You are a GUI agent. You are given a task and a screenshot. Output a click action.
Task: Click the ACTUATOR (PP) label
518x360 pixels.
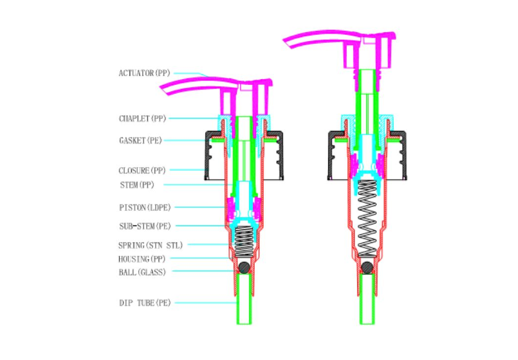pos(145,73)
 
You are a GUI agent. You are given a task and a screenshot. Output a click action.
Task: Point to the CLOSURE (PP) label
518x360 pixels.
pos(142,170)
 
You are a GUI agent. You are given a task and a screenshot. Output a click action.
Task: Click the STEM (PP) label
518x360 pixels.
pos(138,186)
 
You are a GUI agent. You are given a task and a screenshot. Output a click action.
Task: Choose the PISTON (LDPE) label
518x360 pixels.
pos(145,208)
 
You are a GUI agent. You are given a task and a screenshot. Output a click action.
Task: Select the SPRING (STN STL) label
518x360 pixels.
pos(149,246)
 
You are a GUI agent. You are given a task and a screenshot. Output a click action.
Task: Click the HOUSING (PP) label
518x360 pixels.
pos(142,258)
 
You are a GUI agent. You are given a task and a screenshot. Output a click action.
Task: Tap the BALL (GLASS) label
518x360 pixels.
pos(142,272)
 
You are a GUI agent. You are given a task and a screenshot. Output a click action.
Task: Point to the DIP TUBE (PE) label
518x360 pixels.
pos(145,303)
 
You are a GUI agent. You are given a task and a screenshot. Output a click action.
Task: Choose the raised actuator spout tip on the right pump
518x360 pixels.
pos(288,42)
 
